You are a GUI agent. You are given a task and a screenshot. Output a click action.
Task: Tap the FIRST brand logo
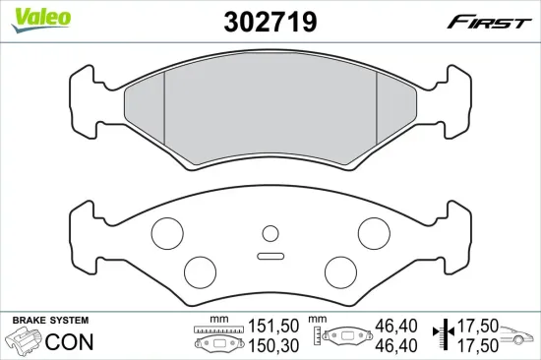coord(491,20)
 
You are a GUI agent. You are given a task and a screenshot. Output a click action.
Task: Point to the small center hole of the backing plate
coord(270,233)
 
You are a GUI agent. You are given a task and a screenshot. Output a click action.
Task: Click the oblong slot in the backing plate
coord(270,257)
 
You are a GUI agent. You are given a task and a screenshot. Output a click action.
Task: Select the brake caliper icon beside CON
coord(24,342)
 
